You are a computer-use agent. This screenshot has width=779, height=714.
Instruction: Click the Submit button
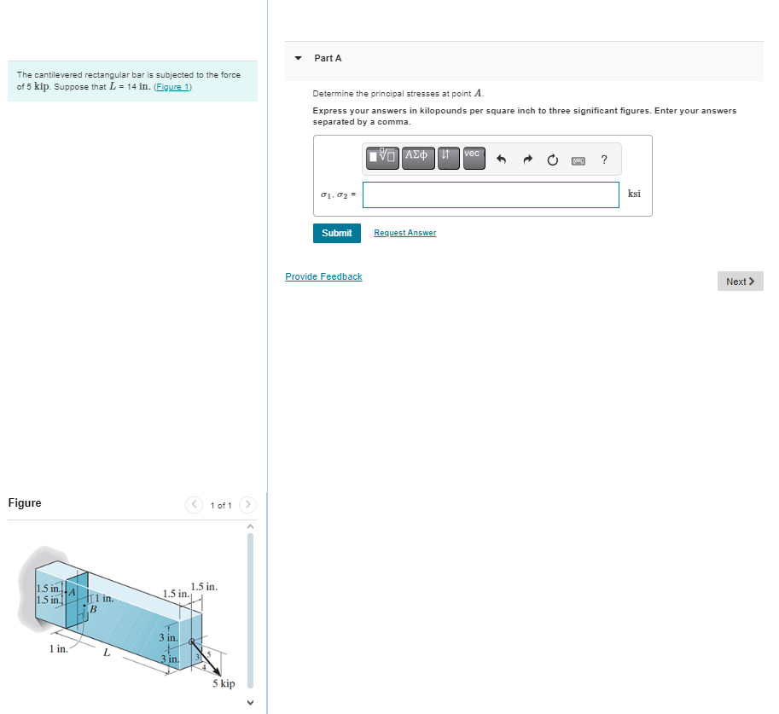(x=336, y=233)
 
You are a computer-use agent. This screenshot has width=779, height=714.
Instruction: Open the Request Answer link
(x=404, y=233)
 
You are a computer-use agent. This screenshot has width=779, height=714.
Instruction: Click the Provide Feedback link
(x=323, y=276)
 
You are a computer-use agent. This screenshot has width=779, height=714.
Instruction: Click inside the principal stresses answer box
(x=491, y=194)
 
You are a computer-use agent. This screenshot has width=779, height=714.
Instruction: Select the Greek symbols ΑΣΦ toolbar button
(x=418, y=157)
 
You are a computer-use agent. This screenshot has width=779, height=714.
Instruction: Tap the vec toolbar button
(x=474, y=157)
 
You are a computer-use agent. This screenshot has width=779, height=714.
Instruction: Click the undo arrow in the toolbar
(x=502, y=159)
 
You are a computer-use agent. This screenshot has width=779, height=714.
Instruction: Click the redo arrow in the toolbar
(x=527, y=159)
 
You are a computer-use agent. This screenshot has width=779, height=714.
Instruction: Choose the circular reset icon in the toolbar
(x=553, y=159)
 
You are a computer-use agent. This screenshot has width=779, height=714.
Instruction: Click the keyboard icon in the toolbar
(x=578, y=159)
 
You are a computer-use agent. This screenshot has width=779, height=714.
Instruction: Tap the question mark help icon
(x=604, y=159)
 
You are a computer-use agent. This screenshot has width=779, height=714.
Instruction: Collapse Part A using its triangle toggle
(x=298, y=59)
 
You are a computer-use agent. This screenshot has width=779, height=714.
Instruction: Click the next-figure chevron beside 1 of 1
(x=248, y=505)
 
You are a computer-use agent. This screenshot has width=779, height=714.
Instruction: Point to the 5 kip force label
(x=223, y=683)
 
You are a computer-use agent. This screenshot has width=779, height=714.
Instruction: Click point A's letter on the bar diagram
(x=73, y=591)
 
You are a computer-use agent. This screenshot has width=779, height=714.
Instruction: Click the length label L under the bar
(x=106, y=653)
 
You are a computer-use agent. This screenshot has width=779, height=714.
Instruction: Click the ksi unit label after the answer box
(x=634, y=194)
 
